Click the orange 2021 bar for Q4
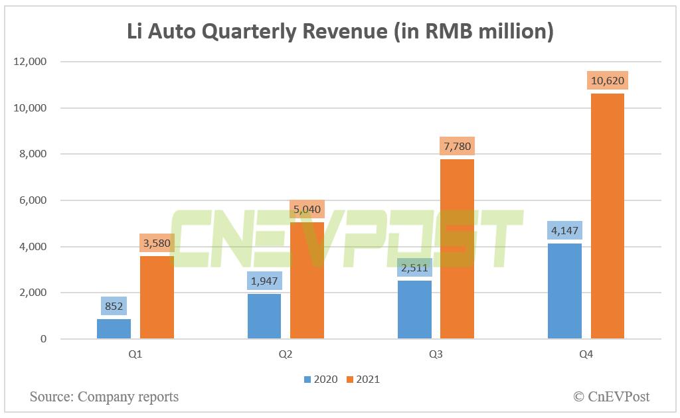click(607, 216)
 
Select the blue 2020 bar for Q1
click(114, 329)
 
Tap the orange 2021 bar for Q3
click(457, 249)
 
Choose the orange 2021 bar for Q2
click(307, 281)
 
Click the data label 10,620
click(607, 81)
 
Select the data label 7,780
click(457, 146)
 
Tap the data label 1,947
click(264, 281)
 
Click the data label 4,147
click(564, 231)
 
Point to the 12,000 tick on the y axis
click(31, 62)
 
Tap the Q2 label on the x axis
click(286, 355)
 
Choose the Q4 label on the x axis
click(586, 355)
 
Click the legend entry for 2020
click(321, 380)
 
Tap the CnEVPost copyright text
click(612, 397)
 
